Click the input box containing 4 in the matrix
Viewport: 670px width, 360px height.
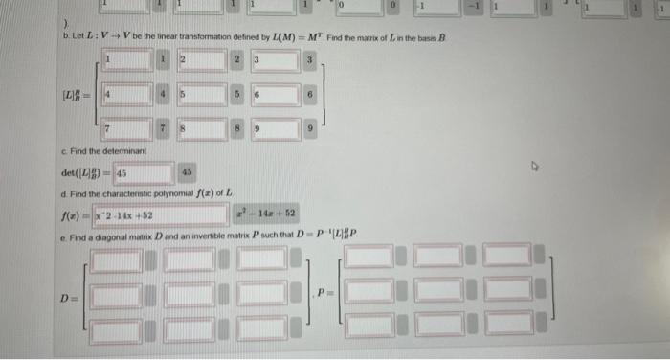point(125,95)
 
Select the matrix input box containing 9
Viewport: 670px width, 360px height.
point(271,127)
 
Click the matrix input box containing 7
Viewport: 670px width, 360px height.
point(125,127)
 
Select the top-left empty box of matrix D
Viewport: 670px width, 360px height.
point(115,259)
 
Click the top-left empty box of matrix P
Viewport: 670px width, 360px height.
point(368,256)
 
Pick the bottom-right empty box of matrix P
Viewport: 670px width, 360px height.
point(507,326)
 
